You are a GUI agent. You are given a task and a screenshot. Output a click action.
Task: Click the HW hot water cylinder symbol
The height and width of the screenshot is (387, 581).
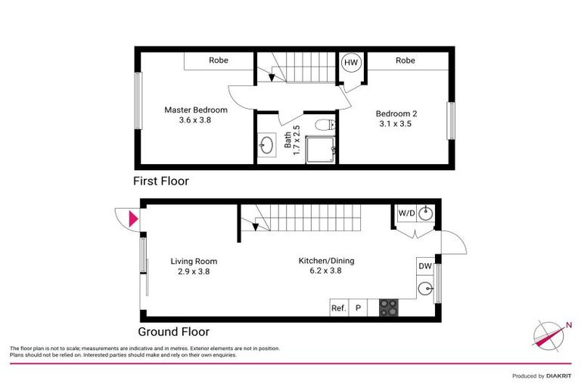click(352, 63)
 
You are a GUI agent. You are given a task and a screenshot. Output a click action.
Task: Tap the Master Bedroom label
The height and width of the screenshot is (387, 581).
click(196, 115)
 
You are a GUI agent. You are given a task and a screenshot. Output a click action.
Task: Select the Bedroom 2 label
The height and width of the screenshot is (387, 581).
click(397, 119)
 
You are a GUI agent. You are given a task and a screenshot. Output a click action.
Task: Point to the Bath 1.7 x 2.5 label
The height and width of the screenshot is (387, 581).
click(292, 140)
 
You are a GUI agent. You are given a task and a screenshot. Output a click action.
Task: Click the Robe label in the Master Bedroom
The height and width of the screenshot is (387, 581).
click(219, 60)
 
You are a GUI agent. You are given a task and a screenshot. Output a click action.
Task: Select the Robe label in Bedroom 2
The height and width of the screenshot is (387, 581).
click(405, 60)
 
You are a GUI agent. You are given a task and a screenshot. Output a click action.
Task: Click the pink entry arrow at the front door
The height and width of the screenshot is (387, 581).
click(134, 219)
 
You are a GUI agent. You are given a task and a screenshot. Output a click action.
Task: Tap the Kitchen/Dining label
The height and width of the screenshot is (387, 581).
click(326, 265)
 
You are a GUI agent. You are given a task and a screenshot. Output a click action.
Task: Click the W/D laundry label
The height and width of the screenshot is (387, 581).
click(406, 214)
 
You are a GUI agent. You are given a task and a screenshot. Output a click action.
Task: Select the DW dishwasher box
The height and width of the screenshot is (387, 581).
click(424, 266)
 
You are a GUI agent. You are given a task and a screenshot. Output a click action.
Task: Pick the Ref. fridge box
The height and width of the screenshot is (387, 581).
click(339, 308)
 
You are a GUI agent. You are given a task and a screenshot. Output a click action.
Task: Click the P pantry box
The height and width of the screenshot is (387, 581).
click(358, 308)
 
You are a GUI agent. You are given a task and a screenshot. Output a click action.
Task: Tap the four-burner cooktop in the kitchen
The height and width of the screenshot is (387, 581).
click(388, 308)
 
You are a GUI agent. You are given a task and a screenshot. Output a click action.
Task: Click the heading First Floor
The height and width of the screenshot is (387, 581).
click(160, 181)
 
